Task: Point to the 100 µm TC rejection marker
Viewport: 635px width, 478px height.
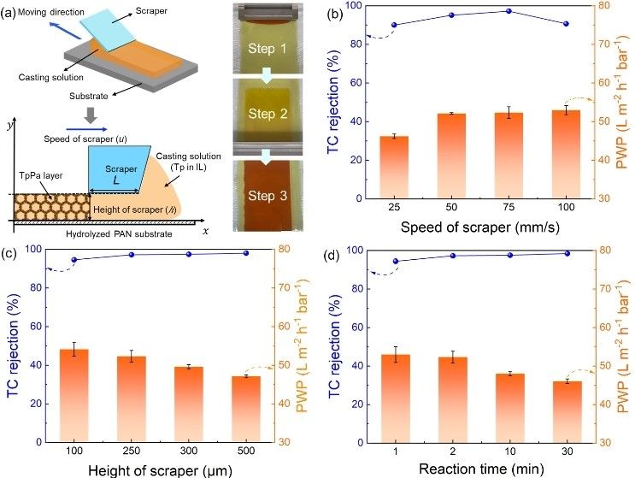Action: tap(74, 260)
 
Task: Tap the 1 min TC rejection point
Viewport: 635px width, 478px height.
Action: tap(396, 261)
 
